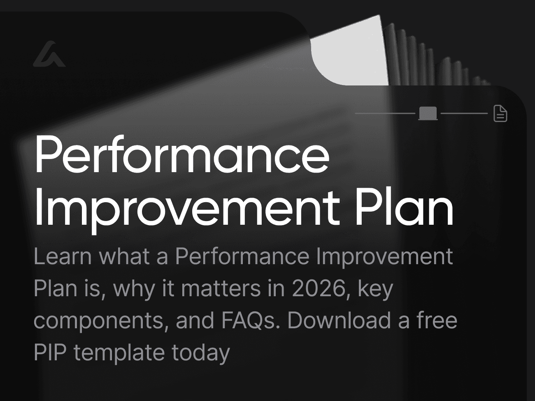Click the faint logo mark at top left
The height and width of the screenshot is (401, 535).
point(49,54)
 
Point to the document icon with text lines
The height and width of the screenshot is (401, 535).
point(500,113)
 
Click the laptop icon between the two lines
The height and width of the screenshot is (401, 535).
point(428,113)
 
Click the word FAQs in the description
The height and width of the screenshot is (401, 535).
point(250,320)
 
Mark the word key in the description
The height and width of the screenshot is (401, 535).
point(376,289)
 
